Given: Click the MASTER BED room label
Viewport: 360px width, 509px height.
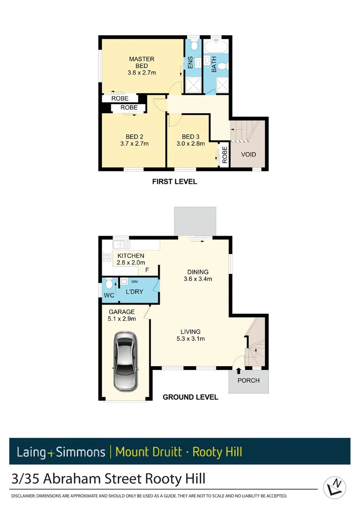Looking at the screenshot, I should click(141, 62).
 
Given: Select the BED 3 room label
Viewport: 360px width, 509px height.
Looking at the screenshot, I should click(191, 137).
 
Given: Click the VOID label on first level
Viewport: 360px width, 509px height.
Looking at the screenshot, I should click(249, 155).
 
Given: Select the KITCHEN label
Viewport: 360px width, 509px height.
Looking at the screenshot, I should click(131, 256).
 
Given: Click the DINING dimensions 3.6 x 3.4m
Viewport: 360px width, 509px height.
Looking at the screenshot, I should click(198, 279).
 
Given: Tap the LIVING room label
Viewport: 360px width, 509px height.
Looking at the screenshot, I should click(190, 332).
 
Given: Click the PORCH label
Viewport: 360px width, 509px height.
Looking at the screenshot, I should click(248, 380).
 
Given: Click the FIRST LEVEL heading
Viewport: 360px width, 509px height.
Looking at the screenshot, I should click(174, 181).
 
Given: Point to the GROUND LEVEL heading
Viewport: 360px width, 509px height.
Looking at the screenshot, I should click(190, 397).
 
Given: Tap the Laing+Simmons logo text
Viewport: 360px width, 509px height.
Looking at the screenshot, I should click(61, 452).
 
